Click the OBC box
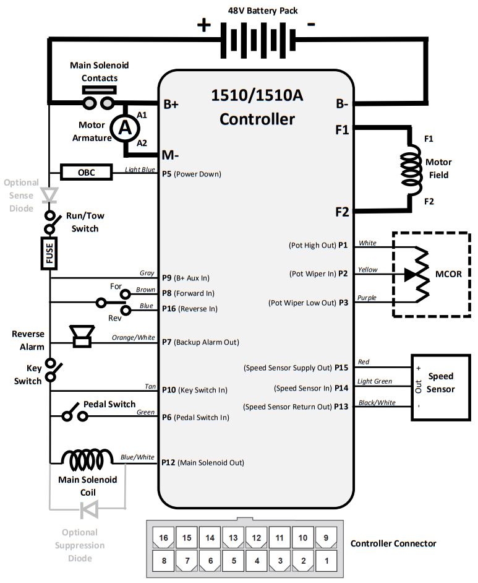point(87,172)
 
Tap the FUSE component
point(49,254)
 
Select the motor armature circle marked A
point(126,127)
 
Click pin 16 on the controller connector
point(163,538)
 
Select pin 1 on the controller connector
point(326,561)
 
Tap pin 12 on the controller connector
point(256,538)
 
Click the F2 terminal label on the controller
point(342,212)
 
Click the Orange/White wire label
point(133,338)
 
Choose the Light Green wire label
point(375,382)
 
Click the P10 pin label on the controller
point(169,390)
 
